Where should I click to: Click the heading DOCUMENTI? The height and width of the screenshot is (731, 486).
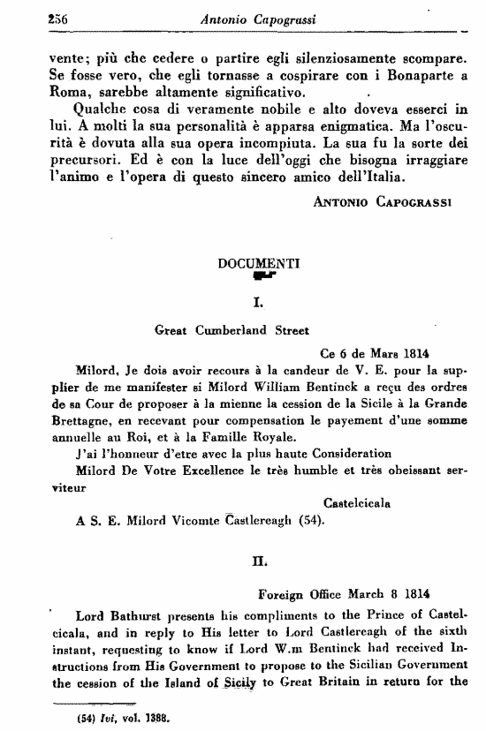(259, 262)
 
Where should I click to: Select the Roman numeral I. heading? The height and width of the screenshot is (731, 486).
(259, 303)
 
